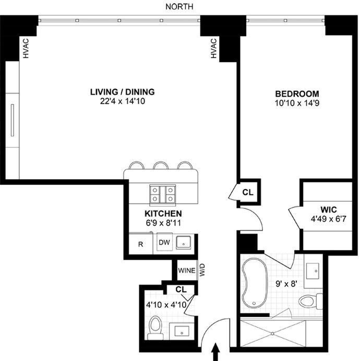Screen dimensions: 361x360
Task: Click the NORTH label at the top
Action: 179,6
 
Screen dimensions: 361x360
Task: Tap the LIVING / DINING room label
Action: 122,92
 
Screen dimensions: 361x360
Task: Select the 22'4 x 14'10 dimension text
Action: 122,101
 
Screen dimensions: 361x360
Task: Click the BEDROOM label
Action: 297,94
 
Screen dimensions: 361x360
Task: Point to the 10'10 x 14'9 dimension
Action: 297,103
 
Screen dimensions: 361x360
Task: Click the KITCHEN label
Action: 163,214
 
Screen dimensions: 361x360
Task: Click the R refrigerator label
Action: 140,243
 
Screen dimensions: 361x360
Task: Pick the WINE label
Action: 187,271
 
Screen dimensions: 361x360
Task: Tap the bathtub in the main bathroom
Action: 254,282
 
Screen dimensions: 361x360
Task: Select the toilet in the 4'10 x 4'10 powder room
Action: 155,325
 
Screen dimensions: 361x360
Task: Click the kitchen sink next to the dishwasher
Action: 184,242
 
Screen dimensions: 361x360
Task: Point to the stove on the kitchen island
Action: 162,194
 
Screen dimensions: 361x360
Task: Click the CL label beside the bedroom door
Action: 247,192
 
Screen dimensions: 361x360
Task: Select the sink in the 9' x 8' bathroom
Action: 314,270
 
